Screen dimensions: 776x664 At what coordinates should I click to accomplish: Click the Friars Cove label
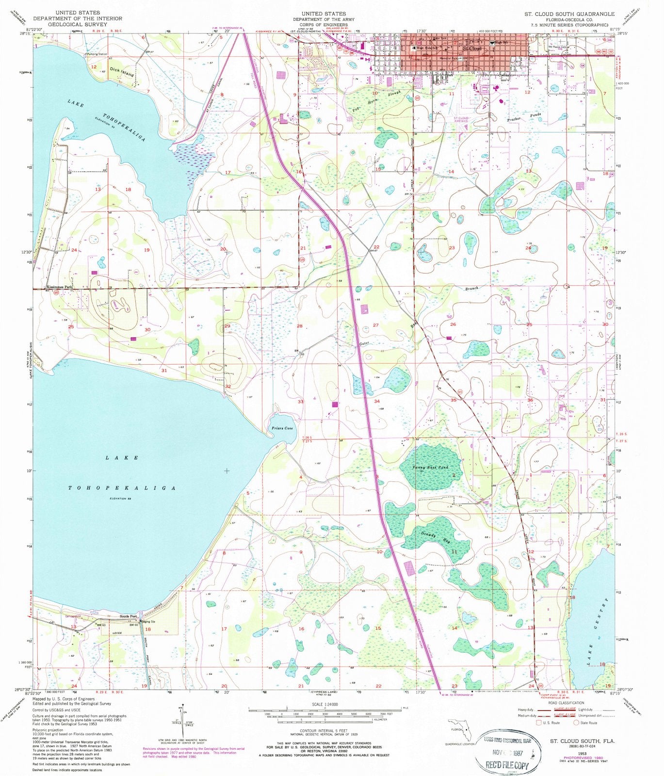281,428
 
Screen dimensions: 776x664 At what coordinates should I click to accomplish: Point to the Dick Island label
121,72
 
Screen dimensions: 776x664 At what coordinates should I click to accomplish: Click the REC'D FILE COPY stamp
505,765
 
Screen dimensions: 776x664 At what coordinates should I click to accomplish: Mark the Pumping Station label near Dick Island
97,54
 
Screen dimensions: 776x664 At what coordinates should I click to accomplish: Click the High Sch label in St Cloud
500,43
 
